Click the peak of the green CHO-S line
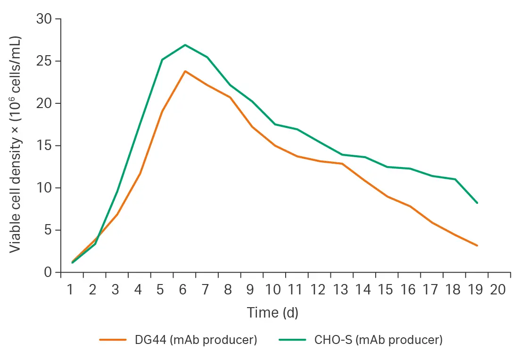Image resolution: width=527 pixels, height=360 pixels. point(185,45)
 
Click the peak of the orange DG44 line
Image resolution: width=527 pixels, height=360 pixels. point(185,71)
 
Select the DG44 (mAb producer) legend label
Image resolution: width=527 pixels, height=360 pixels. point(196,340)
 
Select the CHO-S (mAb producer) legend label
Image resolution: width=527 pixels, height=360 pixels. point(378,340)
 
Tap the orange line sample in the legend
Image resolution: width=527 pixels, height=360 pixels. point(113,340)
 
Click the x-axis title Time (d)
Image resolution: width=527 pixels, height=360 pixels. point(272,312)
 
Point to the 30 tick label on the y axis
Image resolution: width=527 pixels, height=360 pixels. point(44,19)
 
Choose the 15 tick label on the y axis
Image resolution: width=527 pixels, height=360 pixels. point(44,146)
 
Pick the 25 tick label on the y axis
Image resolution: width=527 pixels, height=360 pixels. point(44,61)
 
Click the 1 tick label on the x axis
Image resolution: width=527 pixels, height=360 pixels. point(70,289)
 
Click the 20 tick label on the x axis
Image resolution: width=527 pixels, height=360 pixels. point(498,289)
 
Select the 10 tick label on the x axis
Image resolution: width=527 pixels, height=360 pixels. point(273,289)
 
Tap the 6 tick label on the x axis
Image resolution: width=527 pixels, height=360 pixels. point(183,289)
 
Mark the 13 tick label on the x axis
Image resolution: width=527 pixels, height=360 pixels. point(340,289)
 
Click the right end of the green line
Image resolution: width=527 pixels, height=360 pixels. point(478,203)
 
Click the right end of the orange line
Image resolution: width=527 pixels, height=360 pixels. point(478,245)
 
